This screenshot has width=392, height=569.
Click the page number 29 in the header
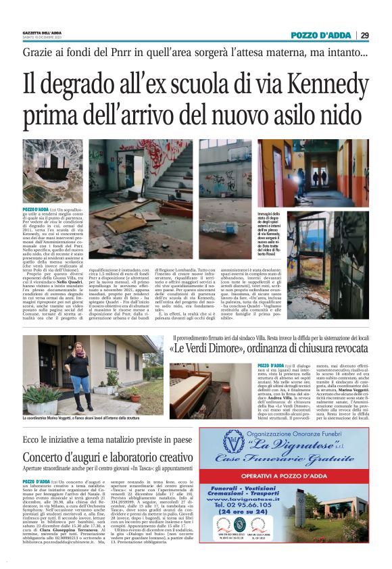pos(383,35)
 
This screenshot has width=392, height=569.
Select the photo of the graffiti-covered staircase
pos(136,174)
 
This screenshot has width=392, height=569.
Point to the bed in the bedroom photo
pos(213,385)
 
